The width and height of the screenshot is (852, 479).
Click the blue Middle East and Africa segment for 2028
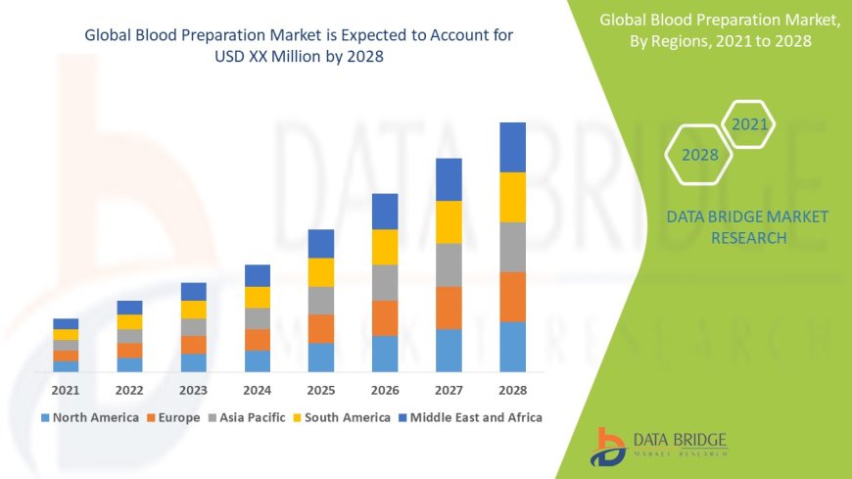[x=512, y=147]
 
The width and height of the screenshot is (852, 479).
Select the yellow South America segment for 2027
[x=449, y=221]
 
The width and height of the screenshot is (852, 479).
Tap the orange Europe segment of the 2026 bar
[x=385, y=317]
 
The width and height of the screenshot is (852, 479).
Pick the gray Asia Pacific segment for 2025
[x=321, y=300]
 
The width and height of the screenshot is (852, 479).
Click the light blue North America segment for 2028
[x=512, y=347]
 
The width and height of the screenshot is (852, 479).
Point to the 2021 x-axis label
[x=66, y=390]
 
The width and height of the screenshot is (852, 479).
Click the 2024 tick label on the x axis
[x=257, y=390]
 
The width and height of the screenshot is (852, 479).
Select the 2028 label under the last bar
[x=512, y=390]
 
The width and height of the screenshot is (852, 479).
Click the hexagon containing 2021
[x=749, y=124]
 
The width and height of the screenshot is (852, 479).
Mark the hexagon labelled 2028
[x=699, y=155]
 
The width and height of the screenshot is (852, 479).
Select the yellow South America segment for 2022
[x=129, y=321]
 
